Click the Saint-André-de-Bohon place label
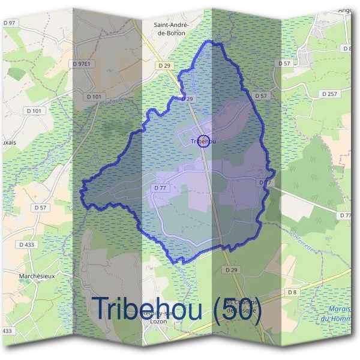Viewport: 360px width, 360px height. click(x=172, y=29)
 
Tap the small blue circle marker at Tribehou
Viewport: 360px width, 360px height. click(x=203, y=141)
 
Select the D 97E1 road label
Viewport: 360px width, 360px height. click(x=82, y=63)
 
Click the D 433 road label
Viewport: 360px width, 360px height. click(x=27, y=244)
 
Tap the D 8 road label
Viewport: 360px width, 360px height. click(x=292, y=292)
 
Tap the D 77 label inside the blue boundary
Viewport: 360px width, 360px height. click(x=160, y=188)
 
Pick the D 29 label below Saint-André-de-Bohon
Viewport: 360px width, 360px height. click(x=165, y=64)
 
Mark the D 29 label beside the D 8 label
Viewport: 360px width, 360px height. click(x=232, y=270)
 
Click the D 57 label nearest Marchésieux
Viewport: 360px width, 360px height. click(x=40, y=208)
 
